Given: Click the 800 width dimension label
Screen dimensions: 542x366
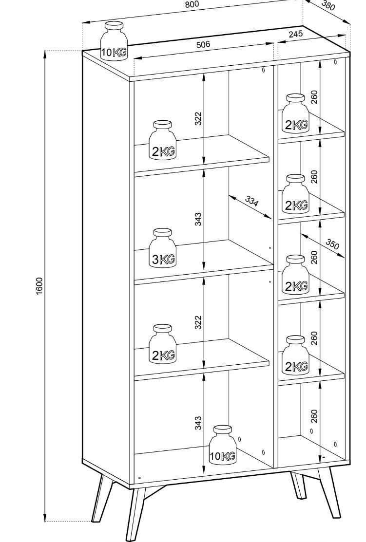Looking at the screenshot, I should (192, 5).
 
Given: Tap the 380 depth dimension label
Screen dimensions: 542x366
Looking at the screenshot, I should (329, 5).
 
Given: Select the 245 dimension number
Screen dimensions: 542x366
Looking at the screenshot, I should (295, 34).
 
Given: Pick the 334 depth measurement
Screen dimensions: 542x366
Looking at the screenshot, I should (252, 201).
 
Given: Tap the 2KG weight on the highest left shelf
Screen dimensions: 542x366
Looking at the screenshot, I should (162, 141).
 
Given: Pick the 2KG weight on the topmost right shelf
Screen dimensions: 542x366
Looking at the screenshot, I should (296, 114).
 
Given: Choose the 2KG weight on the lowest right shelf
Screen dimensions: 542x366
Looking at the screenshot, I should (296, 356).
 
